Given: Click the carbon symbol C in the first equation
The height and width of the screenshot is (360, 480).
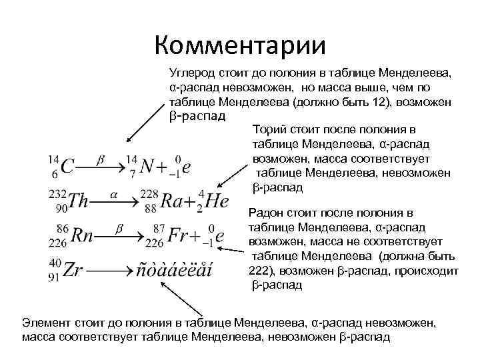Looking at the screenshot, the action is point(67,167).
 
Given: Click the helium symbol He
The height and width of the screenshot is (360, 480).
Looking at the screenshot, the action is point(217,201).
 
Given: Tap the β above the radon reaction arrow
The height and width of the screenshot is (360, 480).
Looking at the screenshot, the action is point(120,228).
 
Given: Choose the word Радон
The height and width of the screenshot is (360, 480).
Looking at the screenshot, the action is point(266,213).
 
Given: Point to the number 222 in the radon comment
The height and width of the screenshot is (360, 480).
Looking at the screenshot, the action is point(261,272).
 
